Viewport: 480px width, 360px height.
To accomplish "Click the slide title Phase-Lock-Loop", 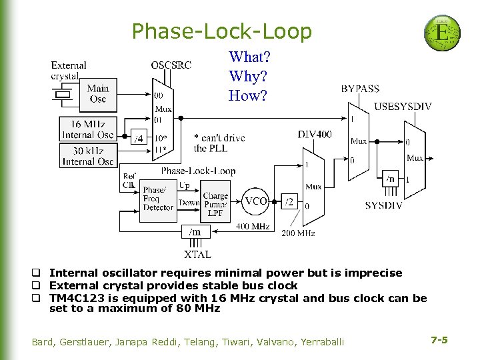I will [221, 31].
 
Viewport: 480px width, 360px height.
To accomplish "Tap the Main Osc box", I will [97, 94].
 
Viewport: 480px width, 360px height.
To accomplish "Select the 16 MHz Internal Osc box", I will [87, 129].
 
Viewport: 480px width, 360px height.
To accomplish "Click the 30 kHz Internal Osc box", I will [87, 155].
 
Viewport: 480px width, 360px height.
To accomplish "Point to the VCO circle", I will [256, 201].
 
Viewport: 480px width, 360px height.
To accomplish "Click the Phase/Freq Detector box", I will [158, 198].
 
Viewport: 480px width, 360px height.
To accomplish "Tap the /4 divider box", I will [139, 139].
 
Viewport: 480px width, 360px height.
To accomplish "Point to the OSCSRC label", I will [171, 65].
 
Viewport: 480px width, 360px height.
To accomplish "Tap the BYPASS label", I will [360, 88].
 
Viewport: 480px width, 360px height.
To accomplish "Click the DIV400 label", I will [315, 135].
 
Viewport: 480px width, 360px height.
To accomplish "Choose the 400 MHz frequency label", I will [253, 227].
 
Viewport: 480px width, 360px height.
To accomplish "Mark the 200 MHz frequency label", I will [297, 233].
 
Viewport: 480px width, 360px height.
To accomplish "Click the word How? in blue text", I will [247, 95].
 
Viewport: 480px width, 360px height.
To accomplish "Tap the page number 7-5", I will [439, 340].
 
